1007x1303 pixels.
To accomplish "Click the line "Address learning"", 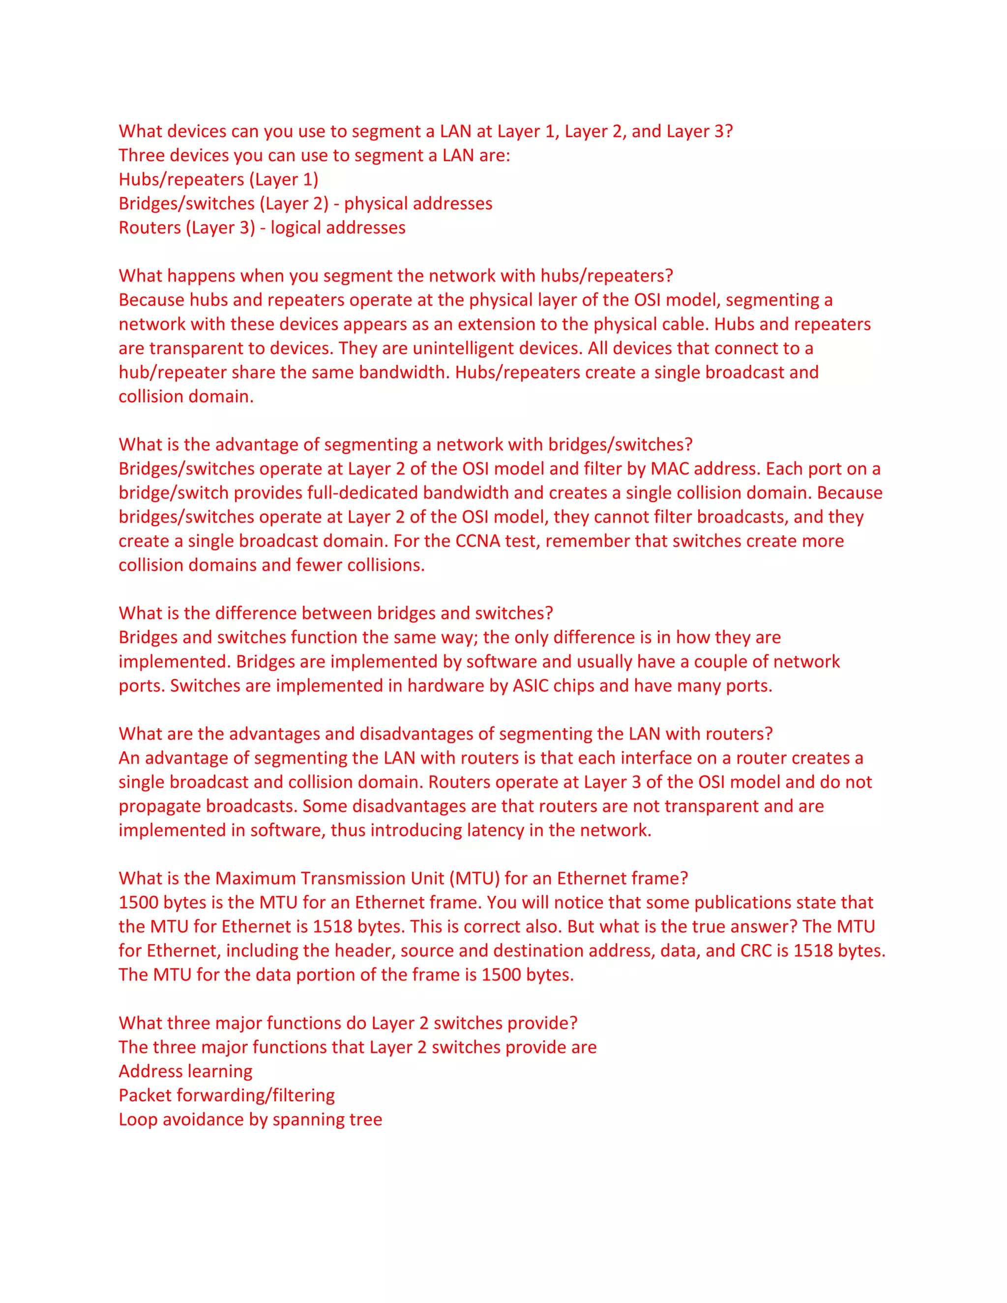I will pyautogui.click(x=185, y=1071).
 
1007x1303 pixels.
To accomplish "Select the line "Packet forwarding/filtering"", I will pyautogui.click(x=227, y=1096).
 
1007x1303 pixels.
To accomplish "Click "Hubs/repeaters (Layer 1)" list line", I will pyautogui.click(x=218, y=179).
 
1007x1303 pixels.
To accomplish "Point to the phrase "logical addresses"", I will pyautogui.click(x=338, y=228).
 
